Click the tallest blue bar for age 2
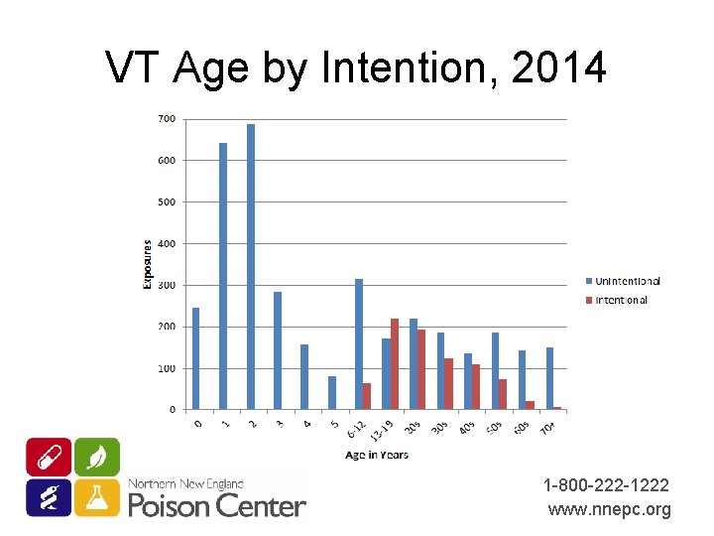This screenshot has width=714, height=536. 251,267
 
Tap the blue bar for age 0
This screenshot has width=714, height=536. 195,358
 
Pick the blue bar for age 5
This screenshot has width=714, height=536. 332,393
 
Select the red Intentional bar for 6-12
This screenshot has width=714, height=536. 367,396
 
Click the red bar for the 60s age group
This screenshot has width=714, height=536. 530,405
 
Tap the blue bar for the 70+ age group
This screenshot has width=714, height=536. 549,378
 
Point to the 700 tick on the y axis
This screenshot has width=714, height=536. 167,119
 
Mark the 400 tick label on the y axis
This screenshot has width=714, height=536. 167,243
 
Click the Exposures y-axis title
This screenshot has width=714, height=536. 148,264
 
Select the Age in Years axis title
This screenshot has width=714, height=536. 378,455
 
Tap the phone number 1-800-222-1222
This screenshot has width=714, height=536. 606,485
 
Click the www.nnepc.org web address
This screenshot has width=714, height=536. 610,510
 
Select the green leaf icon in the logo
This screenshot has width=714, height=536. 97,457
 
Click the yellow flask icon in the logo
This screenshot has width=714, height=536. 97,496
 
